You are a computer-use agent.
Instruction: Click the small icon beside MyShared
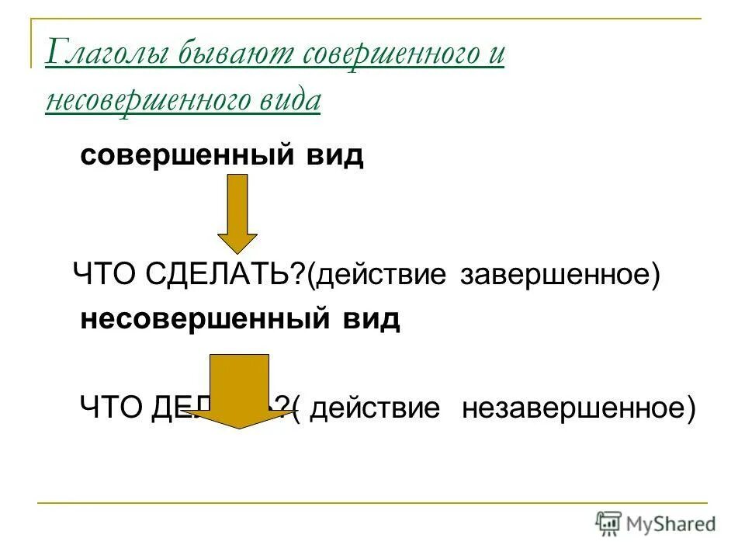pyautogui.click(x=608, y=524)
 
